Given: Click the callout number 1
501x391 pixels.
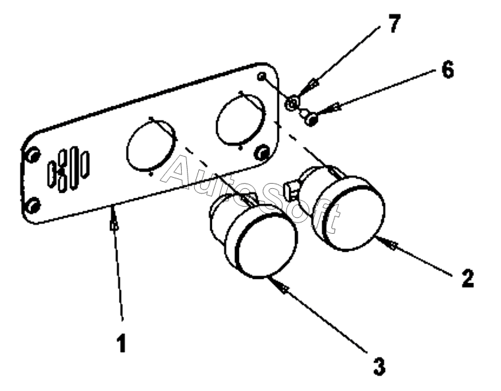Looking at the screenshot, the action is coord(121,343).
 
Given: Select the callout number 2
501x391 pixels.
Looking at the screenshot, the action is coord(466,278).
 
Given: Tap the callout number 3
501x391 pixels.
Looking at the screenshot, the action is coord(379,366).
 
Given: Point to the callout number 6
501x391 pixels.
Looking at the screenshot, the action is coord(447,70).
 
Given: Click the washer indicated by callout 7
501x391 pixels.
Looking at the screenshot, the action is coord(292,103).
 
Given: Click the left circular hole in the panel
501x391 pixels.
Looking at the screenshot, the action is coord(151,146).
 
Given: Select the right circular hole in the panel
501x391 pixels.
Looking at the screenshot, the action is coord(241,118).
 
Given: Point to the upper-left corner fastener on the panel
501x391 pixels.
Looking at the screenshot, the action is coord(31,155).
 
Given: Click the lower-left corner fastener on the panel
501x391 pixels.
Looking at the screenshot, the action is coord(32,206).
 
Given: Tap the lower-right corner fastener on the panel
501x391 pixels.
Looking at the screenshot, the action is coord(261,153).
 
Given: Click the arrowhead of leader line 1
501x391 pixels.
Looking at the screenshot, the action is coord(115,224).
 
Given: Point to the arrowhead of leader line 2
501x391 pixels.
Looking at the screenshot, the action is coord(393,245).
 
